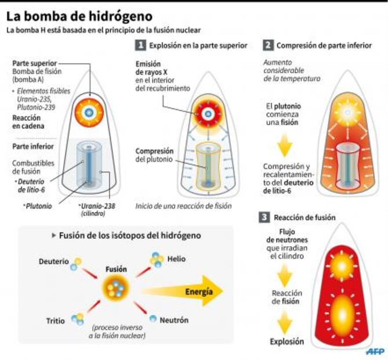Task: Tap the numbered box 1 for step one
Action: coord(140,45)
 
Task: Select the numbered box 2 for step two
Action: coord(267,45)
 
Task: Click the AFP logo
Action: coord(376,351)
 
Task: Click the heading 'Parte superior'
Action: coord(34,63)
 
